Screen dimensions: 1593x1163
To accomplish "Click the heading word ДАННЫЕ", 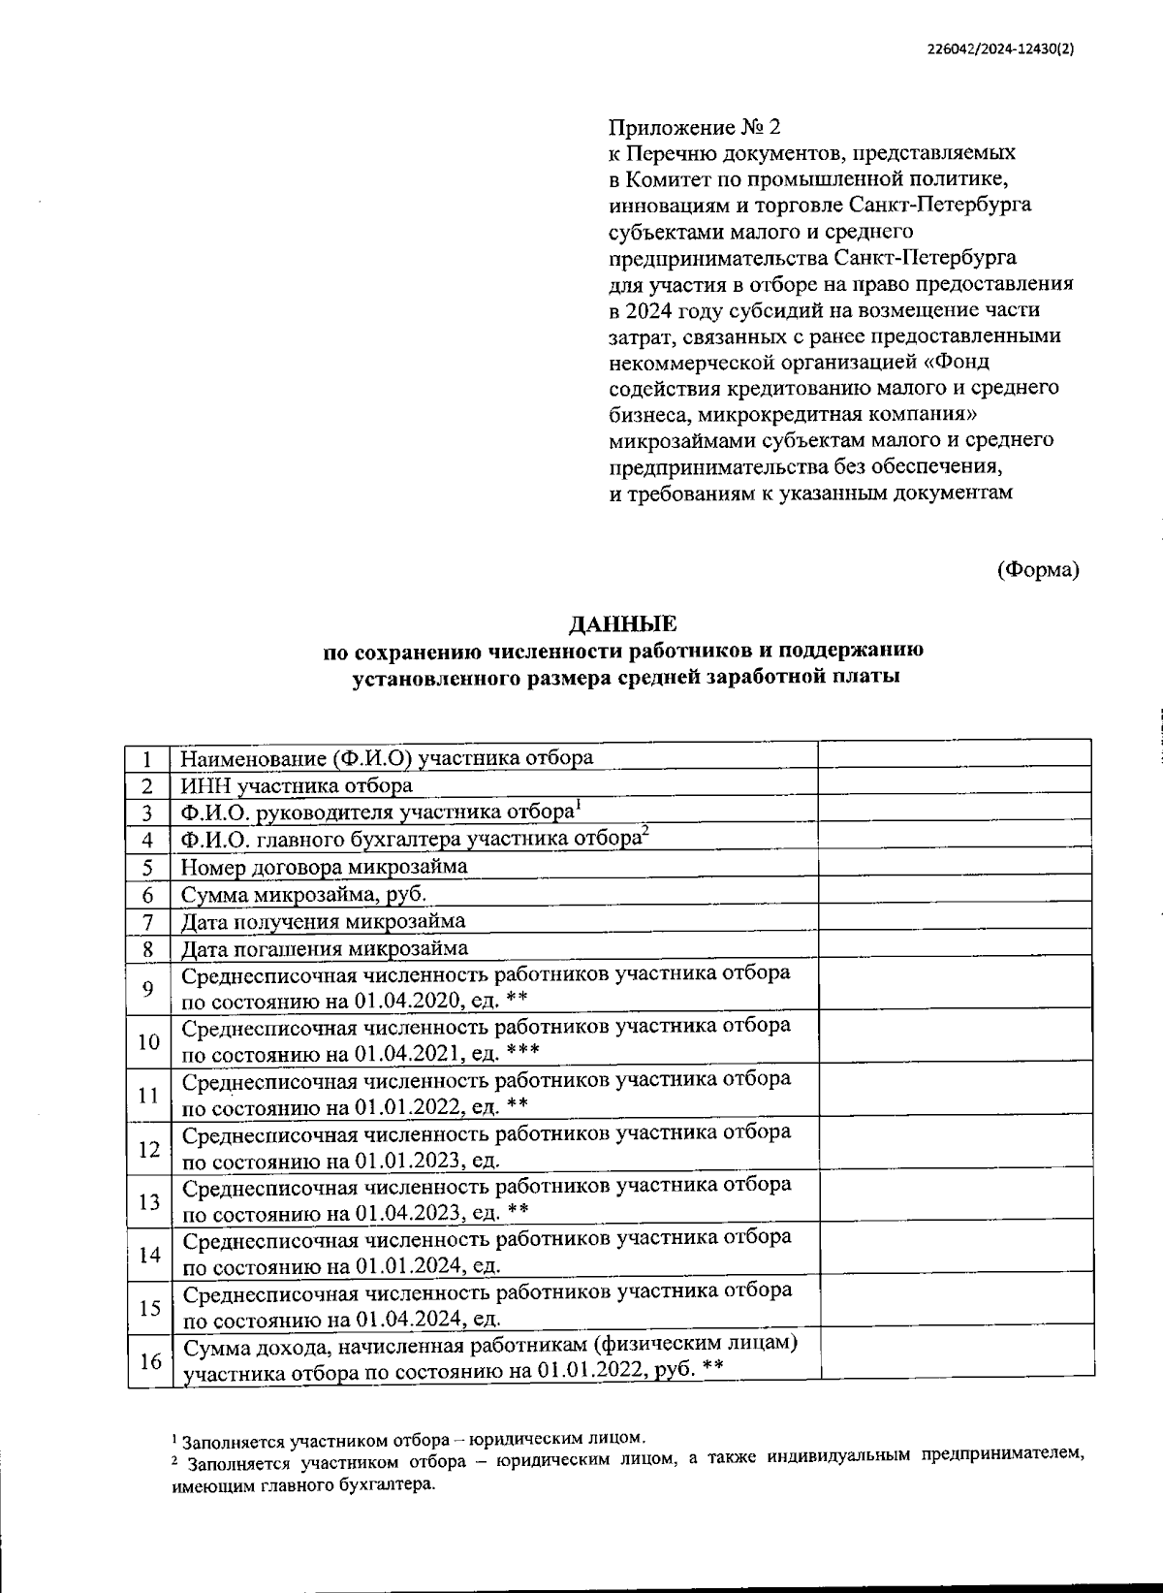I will tap(623, 623).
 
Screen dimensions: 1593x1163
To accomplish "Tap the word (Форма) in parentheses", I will tap(1038, 570).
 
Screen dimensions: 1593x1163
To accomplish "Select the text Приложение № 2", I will tap(694, 128).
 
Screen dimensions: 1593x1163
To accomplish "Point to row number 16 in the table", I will tap(149, 1361).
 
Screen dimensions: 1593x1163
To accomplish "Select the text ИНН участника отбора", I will tap(297, 785).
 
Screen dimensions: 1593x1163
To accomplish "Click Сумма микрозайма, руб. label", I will tap(304, 894).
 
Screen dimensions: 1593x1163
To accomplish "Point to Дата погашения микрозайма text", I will tap(325, 948).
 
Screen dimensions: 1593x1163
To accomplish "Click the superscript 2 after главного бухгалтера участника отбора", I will tap(644, 832).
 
